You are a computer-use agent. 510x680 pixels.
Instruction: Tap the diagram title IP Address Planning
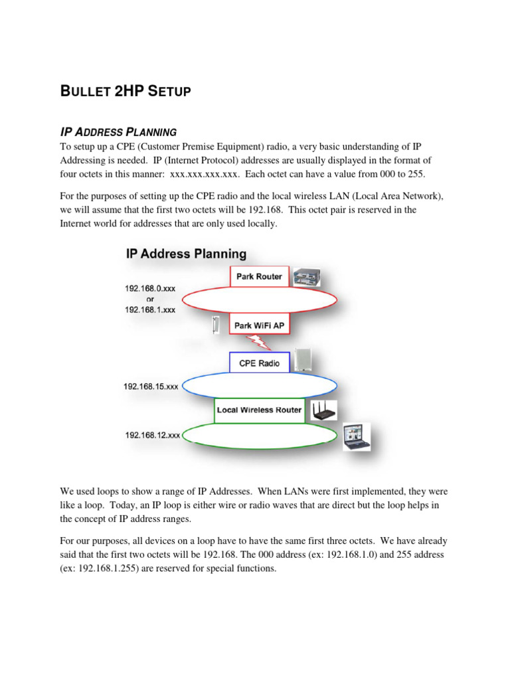[x=186, y=254]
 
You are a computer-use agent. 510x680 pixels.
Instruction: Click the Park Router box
[x=260, y=276]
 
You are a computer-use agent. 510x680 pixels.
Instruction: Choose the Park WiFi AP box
[x=260, y=326]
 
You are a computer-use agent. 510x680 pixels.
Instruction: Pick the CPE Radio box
[x=260, y=363]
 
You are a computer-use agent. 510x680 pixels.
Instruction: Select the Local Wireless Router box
[x=259, y=410]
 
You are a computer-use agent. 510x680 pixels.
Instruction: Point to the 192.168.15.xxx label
[x=151, y=386]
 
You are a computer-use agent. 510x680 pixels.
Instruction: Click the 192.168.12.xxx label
[x=153, y=436]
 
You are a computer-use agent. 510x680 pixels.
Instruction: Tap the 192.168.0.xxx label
[x=150, y=289]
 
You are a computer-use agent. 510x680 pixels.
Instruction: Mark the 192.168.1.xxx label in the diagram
[x=150, y=309]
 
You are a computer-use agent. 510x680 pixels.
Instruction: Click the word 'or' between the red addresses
[x=150, y=299]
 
